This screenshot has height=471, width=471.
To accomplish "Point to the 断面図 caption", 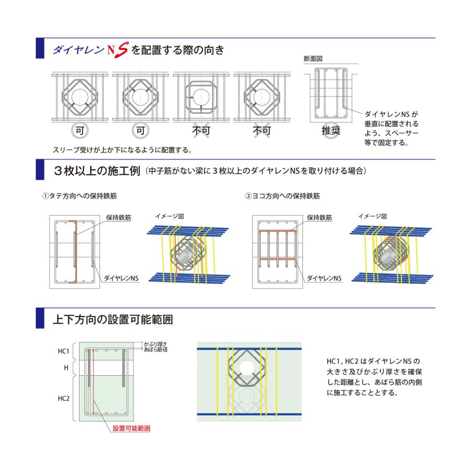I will pos(313,59).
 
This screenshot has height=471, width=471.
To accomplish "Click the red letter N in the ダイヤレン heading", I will pos(110,51).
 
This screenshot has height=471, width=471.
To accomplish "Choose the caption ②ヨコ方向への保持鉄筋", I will pos(283,196).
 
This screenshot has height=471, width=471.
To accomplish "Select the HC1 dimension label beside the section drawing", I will pos(63,351).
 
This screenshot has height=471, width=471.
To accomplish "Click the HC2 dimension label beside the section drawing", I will pos(63,398).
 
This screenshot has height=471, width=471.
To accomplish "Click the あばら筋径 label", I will pos(155,349).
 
